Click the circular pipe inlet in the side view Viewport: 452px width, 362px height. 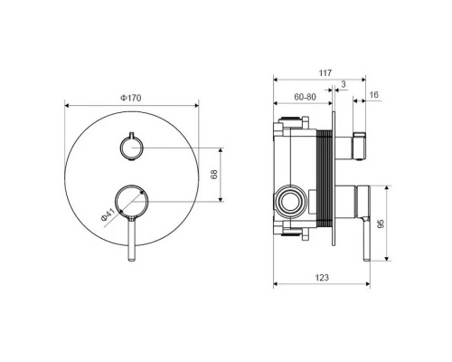click(292, 200)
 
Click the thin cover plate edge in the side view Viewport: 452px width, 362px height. click(336, 181)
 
